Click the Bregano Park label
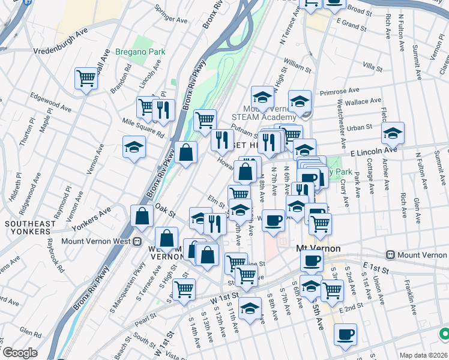tap(140, 52)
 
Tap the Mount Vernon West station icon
tap(137, 243)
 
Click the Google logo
tap(20, 353)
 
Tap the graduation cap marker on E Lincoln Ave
tap(393, 133)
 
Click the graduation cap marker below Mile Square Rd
tap(134, 147)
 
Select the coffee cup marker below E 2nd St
tap(345, 334)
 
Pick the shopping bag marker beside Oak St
tap(141, 216)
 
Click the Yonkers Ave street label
tap(92, 219)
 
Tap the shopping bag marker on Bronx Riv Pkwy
tap(187, 152)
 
